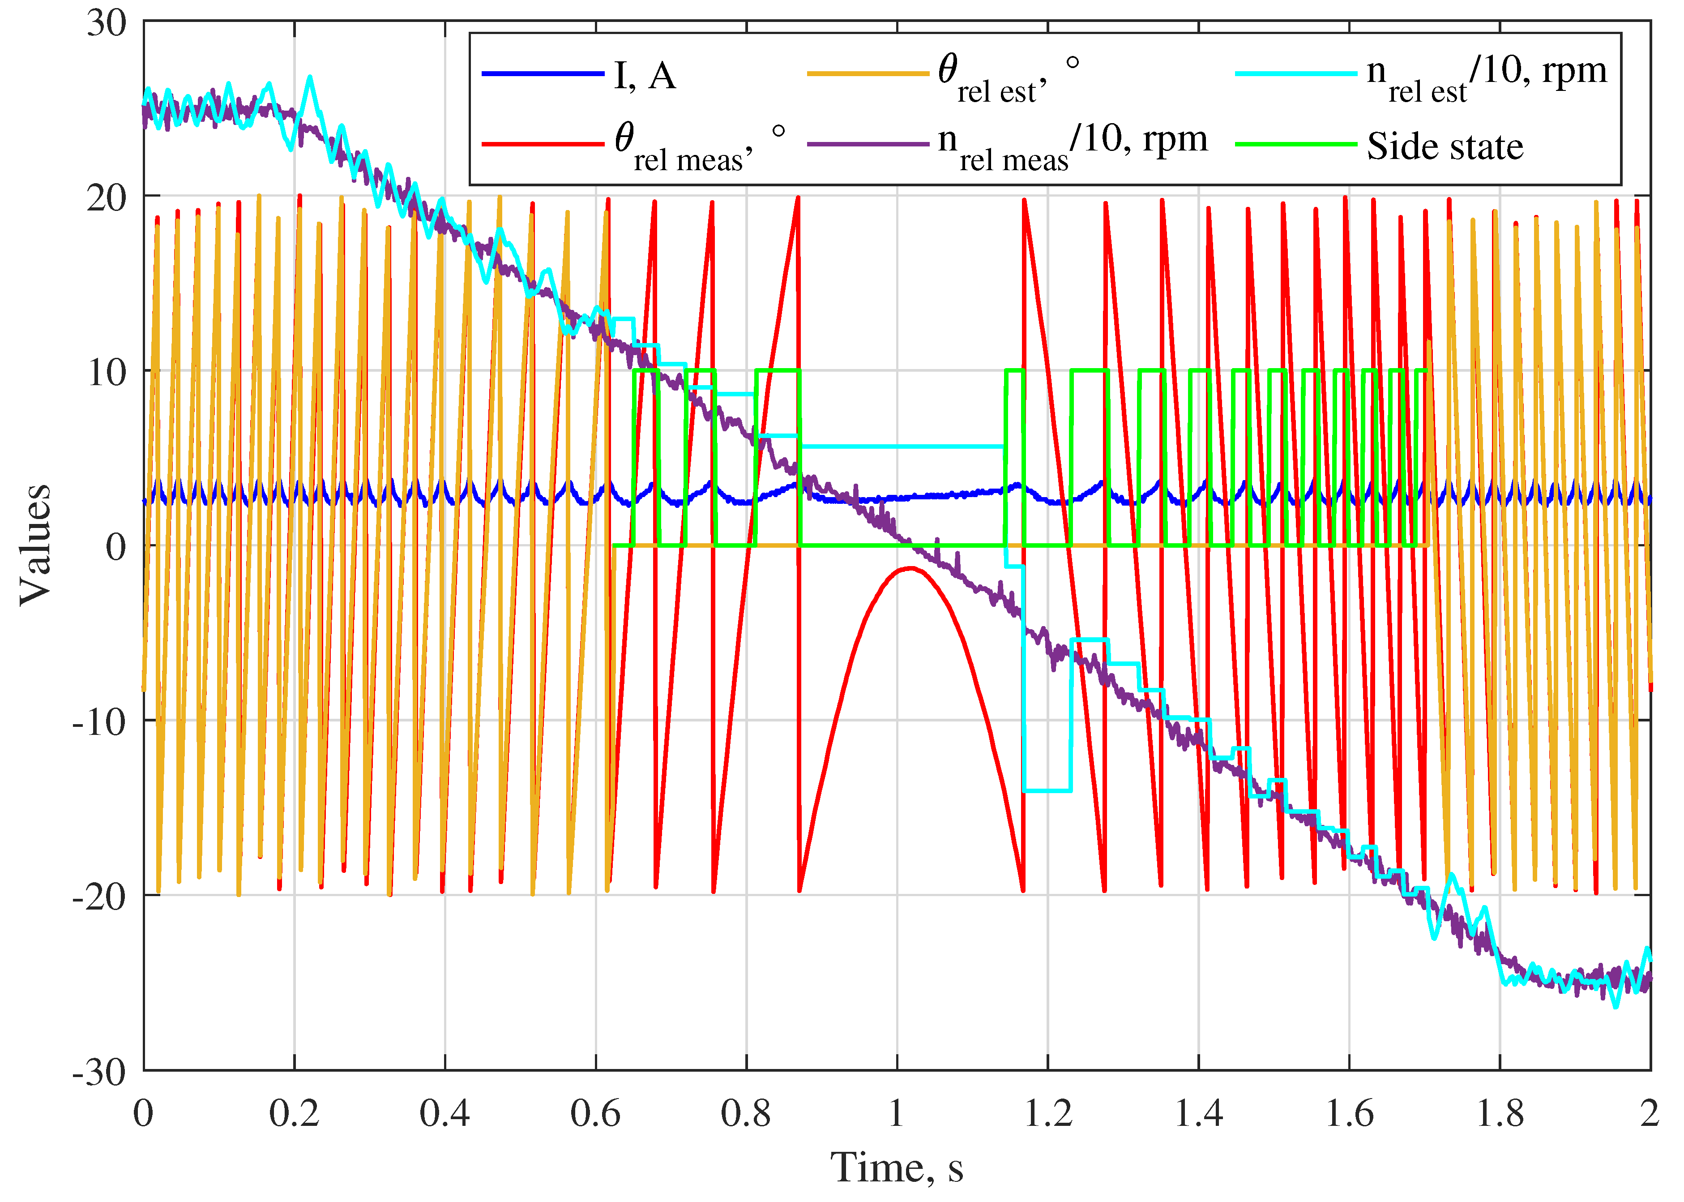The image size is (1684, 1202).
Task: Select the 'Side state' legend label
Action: (x=1444, y=146)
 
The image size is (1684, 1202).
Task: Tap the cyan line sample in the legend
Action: (x=1295, y=74)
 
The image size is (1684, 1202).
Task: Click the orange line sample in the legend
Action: (x=867, y=74)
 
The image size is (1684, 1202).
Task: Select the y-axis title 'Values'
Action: (x=35, y=545)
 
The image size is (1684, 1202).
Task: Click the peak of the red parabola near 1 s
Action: (x=909, y=568)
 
